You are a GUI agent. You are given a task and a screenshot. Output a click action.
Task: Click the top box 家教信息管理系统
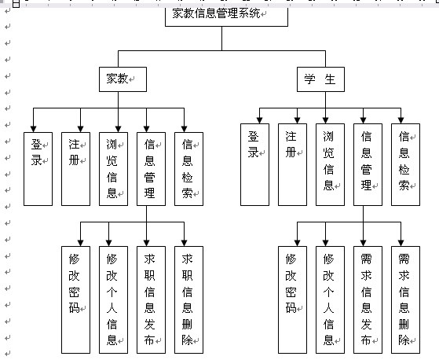click(226, 17)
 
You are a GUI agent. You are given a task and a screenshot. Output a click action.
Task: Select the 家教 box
click(123, 79)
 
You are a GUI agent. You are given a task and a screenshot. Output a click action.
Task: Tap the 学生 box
click(320, 79)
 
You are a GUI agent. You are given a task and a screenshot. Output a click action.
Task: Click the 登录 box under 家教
click(38, 169)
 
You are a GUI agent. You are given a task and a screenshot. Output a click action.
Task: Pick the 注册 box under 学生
click(292, 165)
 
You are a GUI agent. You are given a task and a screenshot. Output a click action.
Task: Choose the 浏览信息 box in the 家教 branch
click(113, 169)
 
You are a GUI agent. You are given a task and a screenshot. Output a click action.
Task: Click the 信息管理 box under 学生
click(368, 165)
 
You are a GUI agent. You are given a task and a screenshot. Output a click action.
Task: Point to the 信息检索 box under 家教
click(188, 169)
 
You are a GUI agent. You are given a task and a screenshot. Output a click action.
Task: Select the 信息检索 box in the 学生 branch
click(405, 165)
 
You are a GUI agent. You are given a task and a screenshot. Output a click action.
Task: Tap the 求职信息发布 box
click(152, 299)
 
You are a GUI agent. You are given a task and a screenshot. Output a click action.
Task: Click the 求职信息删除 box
click(188, 299)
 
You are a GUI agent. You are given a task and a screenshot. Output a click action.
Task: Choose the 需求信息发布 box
click(368, 299)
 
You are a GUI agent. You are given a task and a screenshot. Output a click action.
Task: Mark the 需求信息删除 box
click(405, 299)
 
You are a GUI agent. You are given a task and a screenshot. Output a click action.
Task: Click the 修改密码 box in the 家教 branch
click(75, 299)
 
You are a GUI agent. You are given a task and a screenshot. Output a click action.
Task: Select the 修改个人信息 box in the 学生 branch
click(330, 299)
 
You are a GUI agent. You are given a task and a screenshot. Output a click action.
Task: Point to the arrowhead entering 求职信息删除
click(184, 243)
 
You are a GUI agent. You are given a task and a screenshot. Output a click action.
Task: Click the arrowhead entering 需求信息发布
click(363, 243)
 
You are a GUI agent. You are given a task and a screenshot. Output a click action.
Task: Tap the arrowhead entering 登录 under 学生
click(259, 120)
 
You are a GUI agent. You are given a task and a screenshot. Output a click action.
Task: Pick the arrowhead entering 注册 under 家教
click(80, 129)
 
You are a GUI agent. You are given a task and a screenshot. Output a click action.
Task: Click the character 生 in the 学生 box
click(330, 79)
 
